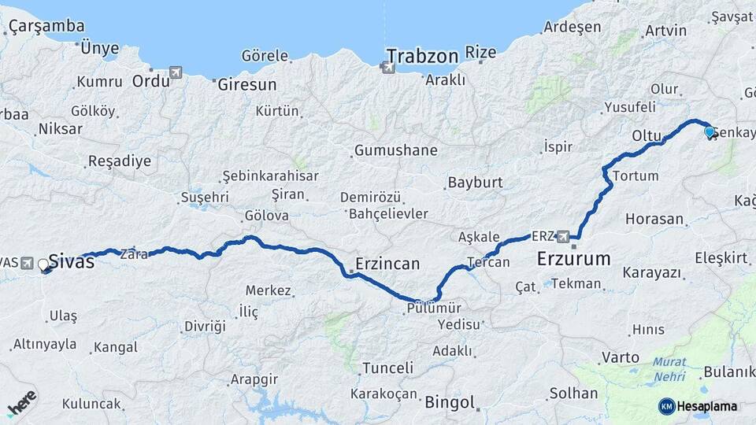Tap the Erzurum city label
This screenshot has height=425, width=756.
tap(574, 258)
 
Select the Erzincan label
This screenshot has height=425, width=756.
tap(387, 264)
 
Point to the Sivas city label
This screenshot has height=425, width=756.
tap(72, 262)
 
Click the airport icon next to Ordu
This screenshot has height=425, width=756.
tap(174, 73)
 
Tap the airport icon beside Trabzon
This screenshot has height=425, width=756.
tap(387, 68)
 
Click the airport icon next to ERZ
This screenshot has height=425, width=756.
tap(563, 235)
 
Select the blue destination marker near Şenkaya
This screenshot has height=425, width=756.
tap(710, 132)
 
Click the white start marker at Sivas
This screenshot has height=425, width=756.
tap(43, 265)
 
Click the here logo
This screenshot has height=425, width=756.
tap(21, 403)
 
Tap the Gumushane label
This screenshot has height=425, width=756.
tap(395, 150)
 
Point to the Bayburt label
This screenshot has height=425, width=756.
tap(475, 183)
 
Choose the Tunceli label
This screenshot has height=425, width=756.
tap(387, 368)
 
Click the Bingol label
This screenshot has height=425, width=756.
tap(450, 403)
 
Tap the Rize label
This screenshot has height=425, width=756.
tap(481, 53)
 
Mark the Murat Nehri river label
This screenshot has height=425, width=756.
tap(669, 369)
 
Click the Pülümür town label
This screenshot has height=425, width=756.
tap(434, 309)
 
